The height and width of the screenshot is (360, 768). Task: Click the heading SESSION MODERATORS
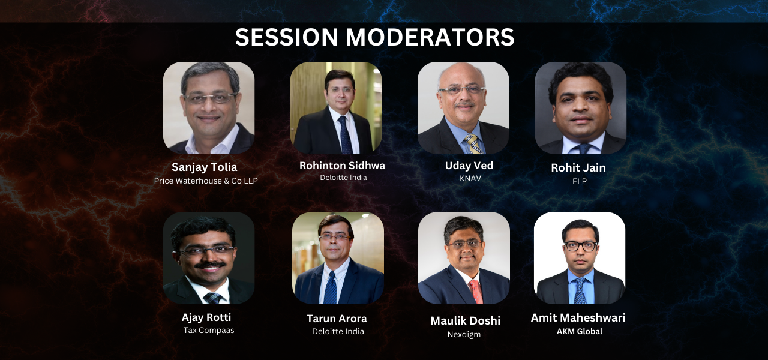pos(375,37)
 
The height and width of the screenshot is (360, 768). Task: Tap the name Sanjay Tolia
pos(205,167)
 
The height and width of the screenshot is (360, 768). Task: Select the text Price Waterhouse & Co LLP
pos(206,181)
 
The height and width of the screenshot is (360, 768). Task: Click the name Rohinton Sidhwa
pos(342,166)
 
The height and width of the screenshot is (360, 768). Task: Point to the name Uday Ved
pos(469,166)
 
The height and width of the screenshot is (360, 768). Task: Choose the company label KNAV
pos(470,178)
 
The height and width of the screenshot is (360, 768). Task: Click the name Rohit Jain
pos(578,167)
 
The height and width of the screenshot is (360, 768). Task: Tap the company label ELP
pos(580,181)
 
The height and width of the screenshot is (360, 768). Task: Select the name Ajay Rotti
pos(206,317)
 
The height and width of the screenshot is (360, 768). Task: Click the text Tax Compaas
pos(209,330)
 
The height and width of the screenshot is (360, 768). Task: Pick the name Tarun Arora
pos(337,319)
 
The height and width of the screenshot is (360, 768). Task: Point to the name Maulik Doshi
pos(465,320)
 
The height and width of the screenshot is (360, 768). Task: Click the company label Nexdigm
pos(464,334)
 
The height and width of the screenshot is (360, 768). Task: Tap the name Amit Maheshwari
pos(578,318)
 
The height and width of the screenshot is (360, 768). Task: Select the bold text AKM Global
pos(580,331)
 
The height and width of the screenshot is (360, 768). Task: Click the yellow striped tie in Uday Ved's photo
pos(473,143)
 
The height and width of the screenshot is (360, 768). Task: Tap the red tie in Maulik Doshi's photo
pos(476,292)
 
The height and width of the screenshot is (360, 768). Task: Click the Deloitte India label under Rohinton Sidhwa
pos(343,178)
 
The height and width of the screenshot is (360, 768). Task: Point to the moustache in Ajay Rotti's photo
pos(210,265)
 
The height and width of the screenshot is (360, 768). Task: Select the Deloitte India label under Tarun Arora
pos(338,332)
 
